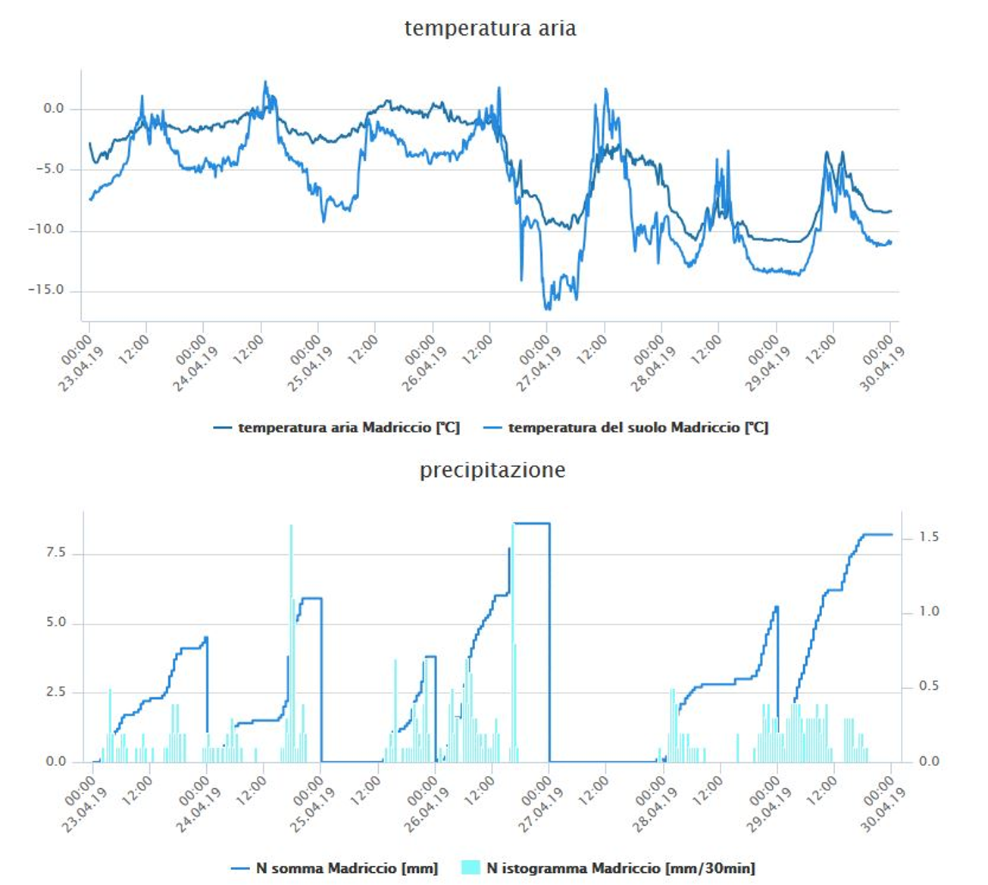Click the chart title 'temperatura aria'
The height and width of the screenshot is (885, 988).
click(x=490, y=29)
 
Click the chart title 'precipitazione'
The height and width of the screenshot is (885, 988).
click(x=492, y=470)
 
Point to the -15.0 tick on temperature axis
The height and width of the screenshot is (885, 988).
click(x=46, y=290)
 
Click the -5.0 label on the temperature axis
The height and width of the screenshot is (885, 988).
click(x=49, y=169)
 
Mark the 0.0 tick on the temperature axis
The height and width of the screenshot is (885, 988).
click(x=54, y=108)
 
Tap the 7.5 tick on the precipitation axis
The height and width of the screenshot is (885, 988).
click(x=56, y=553)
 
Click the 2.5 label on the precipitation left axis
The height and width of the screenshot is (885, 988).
click(x=56, y=692)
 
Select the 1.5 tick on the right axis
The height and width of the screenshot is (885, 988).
click(x=929, y=537)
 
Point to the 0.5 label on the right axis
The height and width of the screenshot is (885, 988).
click(x=929, y=686)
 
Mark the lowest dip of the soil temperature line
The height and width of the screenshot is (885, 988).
click(x=547, y=309)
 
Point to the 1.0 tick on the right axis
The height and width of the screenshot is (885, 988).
click(x=929, y=612)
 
